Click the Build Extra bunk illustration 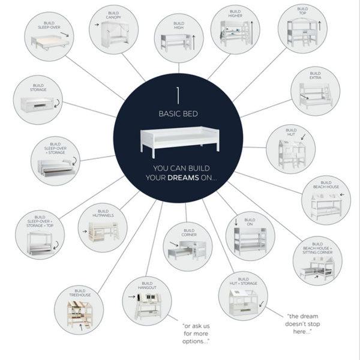315,92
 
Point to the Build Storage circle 38,100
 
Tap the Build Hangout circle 146,300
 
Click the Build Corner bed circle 187,245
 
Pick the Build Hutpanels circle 103,227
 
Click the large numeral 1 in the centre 178,96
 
